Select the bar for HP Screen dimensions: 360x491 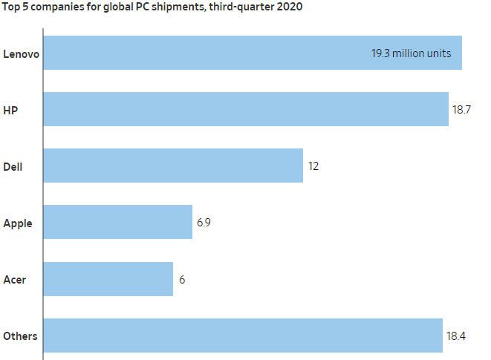246,109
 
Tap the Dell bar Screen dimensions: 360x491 173,166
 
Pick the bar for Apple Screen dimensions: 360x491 117,222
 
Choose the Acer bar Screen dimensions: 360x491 108,278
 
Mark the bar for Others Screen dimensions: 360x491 243,336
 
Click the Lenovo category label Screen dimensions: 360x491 21,53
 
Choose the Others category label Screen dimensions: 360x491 21,336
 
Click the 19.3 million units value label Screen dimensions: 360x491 411,53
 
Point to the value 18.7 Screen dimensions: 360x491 462,109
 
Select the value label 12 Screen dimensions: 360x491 313,166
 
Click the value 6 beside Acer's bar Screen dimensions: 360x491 182,279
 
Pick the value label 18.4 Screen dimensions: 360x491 456,336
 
